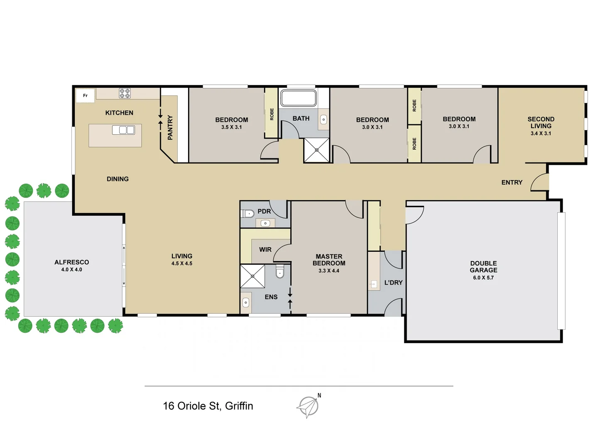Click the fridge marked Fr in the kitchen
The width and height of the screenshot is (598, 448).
[85, 96]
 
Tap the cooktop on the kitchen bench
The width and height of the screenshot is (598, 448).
[125, 93]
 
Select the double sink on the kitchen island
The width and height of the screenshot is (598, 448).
[123, 130]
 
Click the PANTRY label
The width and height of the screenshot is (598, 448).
[170, 128]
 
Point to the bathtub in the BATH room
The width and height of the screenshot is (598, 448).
[298, 98]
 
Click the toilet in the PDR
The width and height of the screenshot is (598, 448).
[248, 214]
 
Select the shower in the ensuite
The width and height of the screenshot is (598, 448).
[252, 276]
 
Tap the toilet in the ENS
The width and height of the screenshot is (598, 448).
[280, 272]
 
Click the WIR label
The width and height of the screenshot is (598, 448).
[265, 250]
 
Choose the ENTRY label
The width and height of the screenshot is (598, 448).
[512, 183]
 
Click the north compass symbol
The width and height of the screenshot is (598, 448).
[309, 406]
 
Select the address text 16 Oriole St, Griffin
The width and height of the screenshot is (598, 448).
[208, 406]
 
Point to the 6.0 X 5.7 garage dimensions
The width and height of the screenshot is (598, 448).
[483, 278]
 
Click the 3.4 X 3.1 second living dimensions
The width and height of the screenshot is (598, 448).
[541, 134]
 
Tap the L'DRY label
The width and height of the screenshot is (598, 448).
[393, 283]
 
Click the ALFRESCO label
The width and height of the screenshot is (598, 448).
[72, 262]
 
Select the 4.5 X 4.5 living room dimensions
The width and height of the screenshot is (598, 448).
[182, 263]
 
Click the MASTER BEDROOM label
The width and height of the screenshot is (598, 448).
[329, 260]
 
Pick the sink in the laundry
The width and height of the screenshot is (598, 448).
[374, 284]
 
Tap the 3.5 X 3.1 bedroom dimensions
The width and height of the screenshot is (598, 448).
[231, 127]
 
